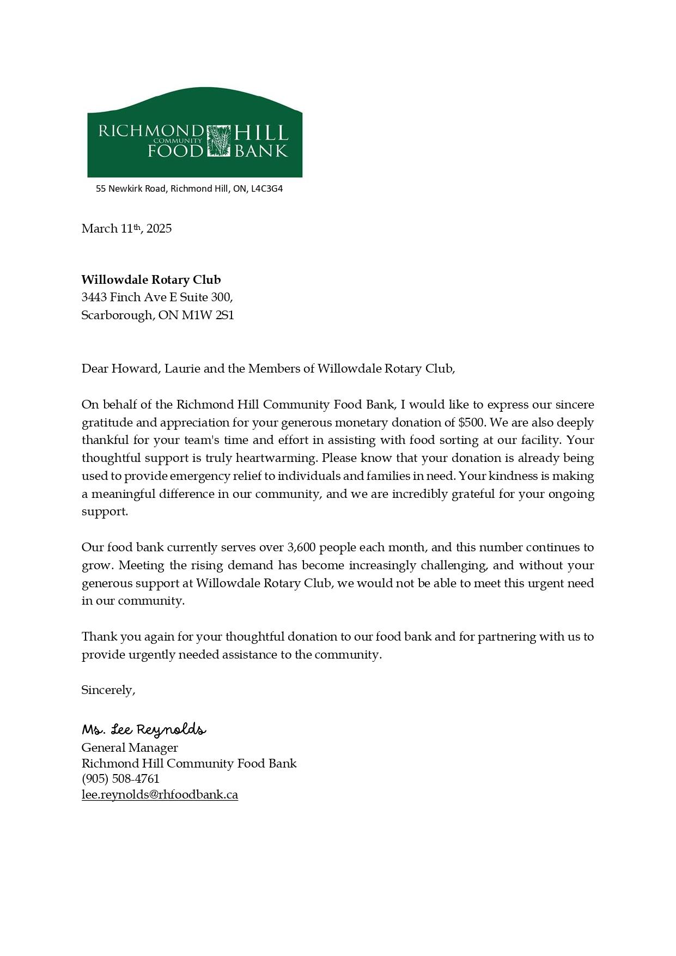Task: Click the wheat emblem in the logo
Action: [219, 141]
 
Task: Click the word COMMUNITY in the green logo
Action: [178, 141]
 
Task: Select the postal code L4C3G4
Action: [267, 189]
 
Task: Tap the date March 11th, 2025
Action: [126, 228]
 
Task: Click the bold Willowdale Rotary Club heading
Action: [151, 280]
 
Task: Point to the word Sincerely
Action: [108, 690]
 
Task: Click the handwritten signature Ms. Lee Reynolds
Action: [144, 730]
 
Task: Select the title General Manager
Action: [130, 748]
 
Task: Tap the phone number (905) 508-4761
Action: [120, 779]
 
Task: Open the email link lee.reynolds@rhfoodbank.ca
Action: [160, 795]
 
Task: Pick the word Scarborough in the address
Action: [117, 315]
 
